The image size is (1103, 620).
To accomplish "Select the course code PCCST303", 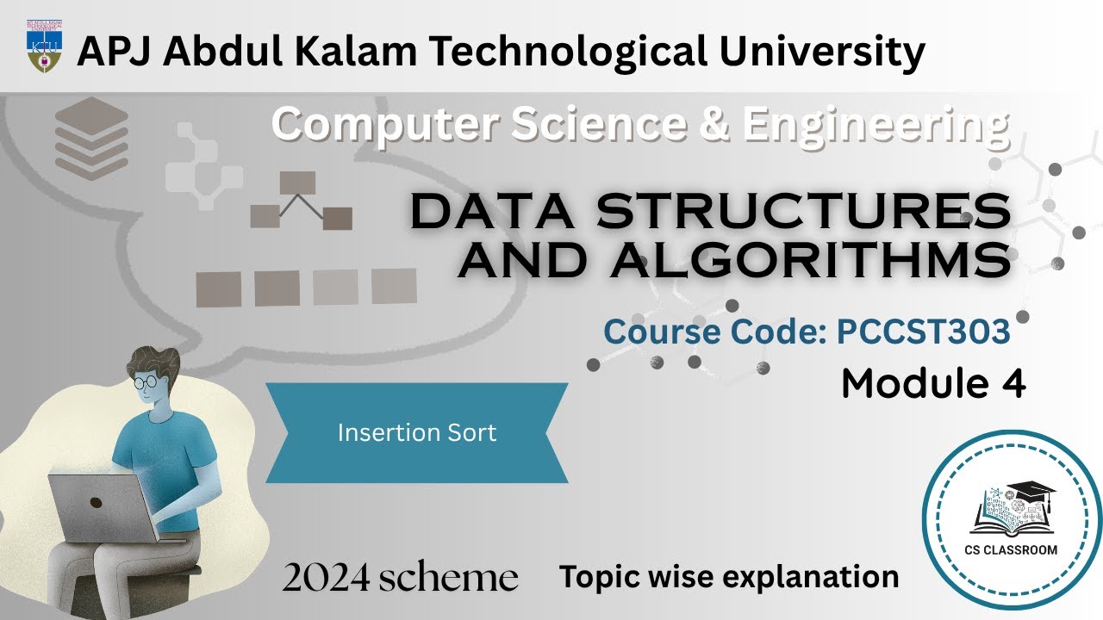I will coord(923,332).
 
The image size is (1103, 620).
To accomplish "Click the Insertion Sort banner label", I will coord(417,432).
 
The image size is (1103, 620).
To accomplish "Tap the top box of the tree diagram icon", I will coord(296,182).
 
